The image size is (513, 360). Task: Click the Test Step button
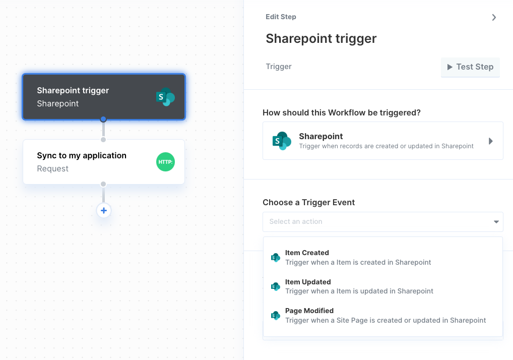tap(470, 67)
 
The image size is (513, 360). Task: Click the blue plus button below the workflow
tap(104, 210)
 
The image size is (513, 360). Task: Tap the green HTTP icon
tap(166, 162)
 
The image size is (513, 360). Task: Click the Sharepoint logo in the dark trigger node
tap(166, 97)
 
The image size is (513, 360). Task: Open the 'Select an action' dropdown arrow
tap(496, 222)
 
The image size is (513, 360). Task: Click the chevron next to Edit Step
tap(494, 17)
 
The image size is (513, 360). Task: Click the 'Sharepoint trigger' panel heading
tap(321, 39)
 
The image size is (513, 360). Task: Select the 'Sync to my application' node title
tap(82, 155)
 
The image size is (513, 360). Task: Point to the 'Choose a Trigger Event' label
tap(308, 203)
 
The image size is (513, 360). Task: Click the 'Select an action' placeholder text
tap(296, 221)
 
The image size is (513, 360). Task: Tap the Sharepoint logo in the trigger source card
tap(282, 141)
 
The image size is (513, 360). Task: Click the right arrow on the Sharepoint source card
tap(490, 141)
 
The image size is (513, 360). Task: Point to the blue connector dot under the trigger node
tap(103, 119)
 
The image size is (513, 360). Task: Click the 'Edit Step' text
tap(281, 17)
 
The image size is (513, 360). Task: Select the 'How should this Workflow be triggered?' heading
tap(342, 112)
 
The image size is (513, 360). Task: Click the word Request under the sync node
tap(53, 168)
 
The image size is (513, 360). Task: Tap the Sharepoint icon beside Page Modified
tap(276, 316)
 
